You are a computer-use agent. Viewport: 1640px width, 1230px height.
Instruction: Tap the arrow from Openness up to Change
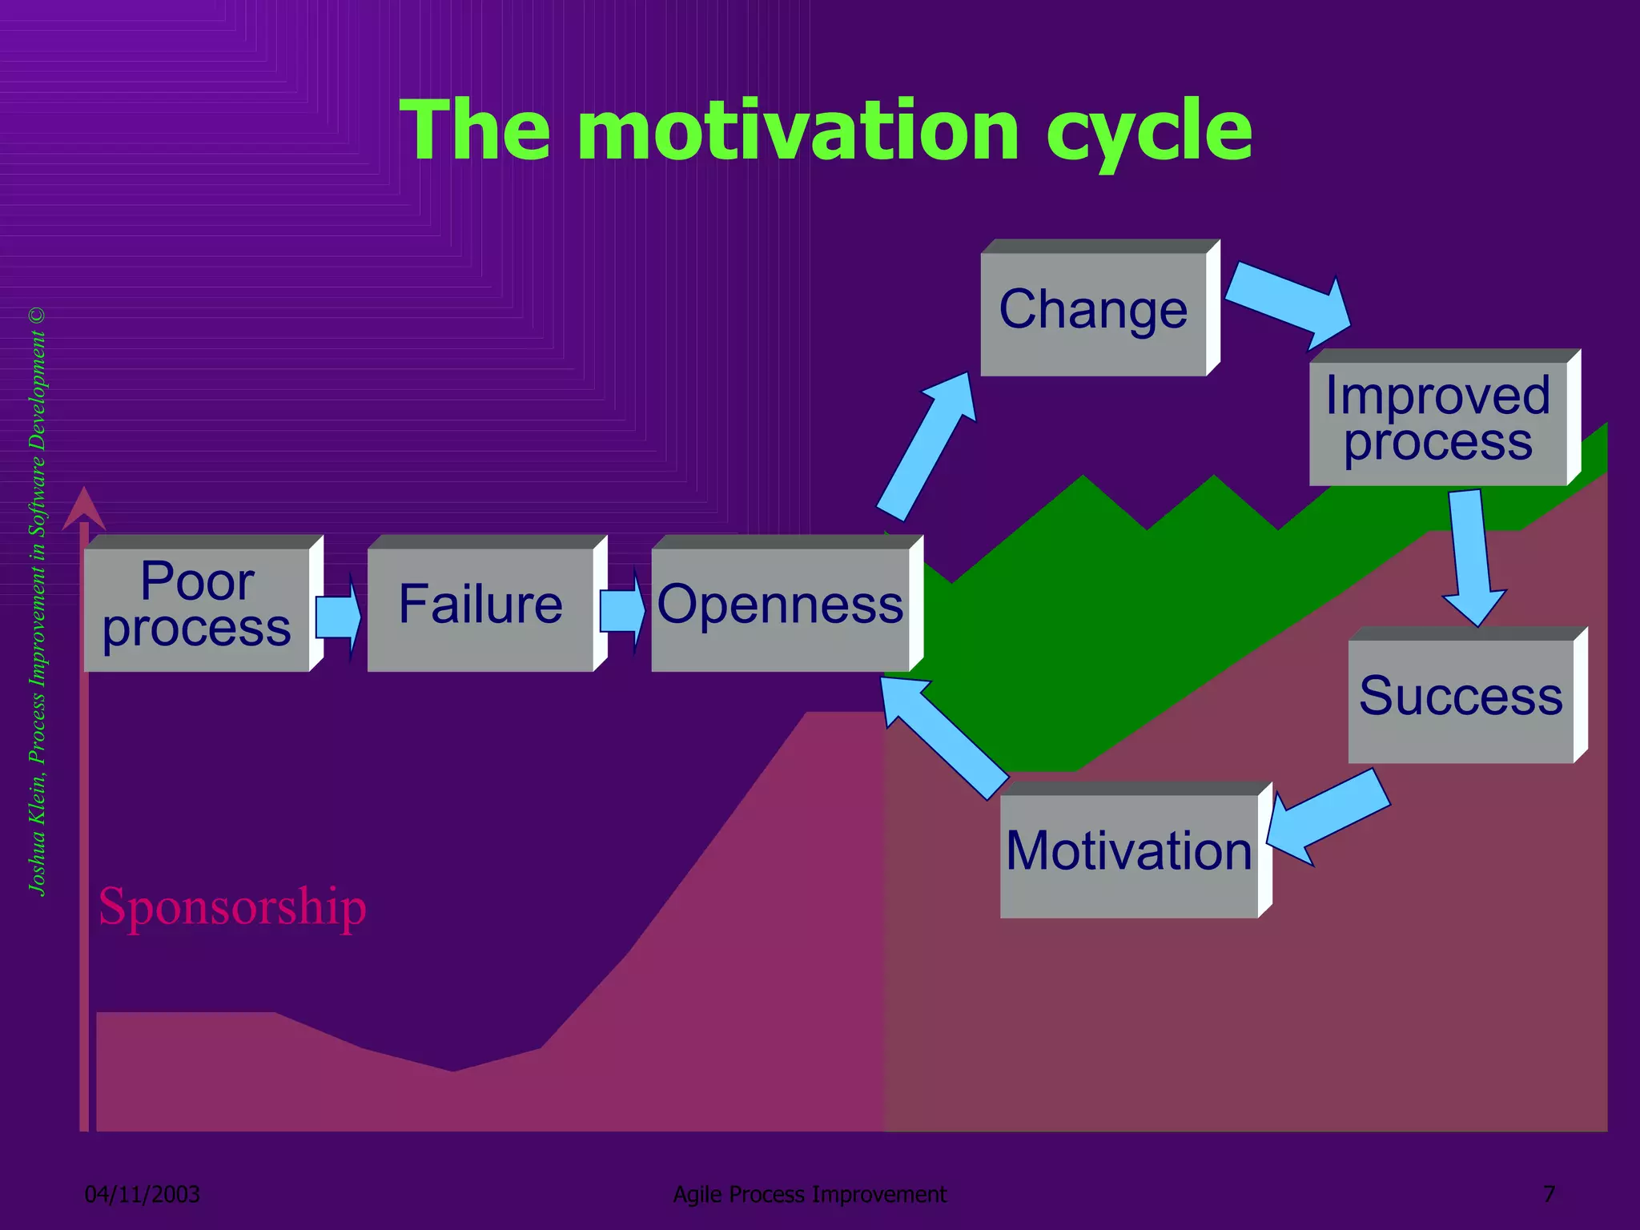pos(929,445)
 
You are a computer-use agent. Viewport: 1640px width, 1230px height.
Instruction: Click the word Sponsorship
pos(232,906)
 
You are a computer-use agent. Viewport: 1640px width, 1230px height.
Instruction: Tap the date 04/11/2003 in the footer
pos(143,1194)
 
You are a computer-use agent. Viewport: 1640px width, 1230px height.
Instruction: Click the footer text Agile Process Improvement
pos(810,1194)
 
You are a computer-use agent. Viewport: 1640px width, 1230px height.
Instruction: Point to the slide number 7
pos(1549,1194)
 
